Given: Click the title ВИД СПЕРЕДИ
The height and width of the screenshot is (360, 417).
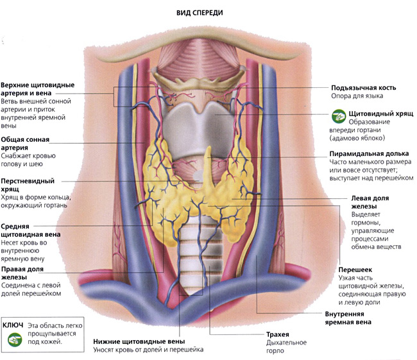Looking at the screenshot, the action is [x=200, y=13].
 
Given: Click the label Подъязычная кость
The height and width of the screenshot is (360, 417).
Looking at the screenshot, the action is [x=364, y=88].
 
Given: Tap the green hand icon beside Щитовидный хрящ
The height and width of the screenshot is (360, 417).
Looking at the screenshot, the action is [x=339, y=116].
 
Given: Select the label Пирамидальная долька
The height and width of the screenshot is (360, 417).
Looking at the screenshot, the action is [x=369, y=154].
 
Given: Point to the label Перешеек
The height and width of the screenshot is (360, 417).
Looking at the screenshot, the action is [x=355, y=270].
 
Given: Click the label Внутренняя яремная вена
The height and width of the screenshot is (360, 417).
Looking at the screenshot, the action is [x=348, y=318].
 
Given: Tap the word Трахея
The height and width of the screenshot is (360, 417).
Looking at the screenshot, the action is [x=278, y=334].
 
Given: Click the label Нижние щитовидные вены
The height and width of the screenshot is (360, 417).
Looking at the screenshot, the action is [x=139, y=341].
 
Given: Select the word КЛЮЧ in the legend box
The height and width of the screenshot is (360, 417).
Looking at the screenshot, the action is [x=13, y=325].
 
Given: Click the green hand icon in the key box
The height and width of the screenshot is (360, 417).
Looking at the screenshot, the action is [x=15, y=339].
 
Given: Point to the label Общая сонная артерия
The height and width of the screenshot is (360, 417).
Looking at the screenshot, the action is [x=25, y=144].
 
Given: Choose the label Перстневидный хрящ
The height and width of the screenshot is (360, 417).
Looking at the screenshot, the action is [x=28, y=185].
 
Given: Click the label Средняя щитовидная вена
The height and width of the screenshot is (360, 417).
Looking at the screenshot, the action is [x=31, y=230].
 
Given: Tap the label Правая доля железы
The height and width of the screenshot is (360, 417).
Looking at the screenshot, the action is [x=22, y=273].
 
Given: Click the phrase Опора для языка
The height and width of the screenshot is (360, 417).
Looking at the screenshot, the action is [x=357, y=96].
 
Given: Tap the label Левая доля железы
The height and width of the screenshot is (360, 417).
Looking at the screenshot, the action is [x=370, y=202].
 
